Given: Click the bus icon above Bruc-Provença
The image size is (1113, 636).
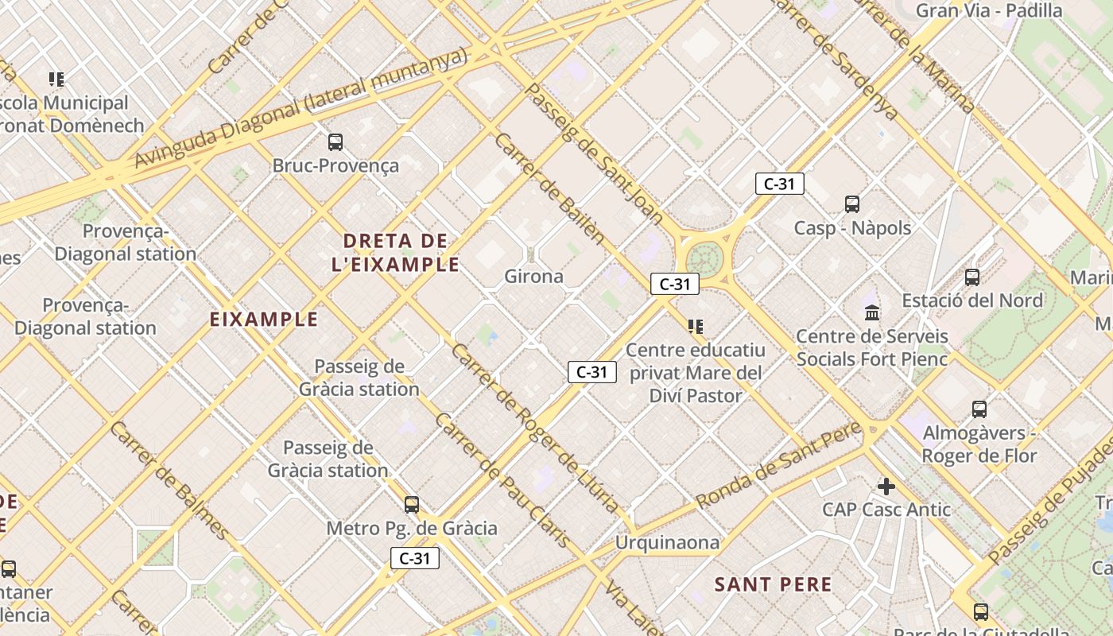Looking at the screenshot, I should point(335,142).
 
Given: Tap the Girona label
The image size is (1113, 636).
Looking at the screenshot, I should point(533,277).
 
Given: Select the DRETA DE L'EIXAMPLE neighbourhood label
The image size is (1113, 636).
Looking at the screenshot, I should point(395,252).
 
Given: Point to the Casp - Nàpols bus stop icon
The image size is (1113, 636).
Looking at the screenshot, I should point(852,204).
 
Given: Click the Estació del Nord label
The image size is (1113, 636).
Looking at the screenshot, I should point(972,301).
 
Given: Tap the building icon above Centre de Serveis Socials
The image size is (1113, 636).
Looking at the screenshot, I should point(872,312).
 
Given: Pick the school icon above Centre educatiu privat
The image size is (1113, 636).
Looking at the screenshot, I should point(696,326).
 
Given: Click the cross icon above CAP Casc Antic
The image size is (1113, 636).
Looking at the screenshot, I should point(886,486).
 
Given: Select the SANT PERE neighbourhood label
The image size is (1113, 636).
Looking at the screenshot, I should point(773,585).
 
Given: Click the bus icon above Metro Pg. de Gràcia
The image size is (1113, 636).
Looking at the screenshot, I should point(412,504).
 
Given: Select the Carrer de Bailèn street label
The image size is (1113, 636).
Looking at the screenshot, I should point(549,188).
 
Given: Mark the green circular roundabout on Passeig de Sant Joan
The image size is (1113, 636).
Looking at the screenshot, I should point(703,258).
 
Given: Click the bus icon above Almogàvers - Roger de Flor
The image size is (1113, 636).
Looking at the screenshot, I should point(979,409).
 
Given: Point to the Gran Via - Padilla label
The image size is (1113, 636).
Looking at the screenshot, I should point(989,11).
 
